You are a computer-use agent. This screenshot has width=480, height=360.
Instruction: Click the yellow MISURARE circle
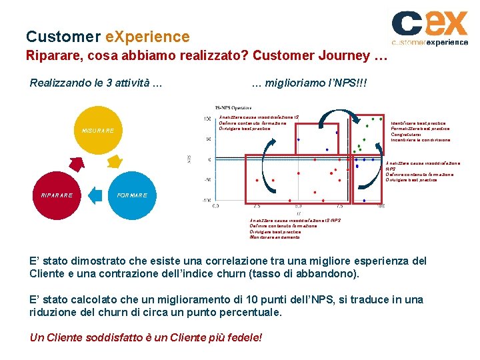tap(98, 130)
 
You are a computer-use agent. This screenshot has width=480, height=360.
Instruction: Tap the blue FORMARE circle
tap(132, 195)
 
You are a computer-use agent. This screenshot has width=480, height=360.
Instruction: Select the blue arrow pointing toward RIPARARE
tap(97, 194)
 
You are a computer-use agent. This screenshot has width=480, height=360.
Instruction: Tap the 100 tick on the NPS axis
tap(207, 119)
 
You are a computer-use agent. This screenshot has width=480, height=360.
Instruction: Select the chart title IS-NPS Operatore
tap(233, 107)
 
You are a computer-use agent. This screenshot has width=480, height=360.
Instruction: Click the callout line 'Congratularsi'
tap(407, 135)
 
